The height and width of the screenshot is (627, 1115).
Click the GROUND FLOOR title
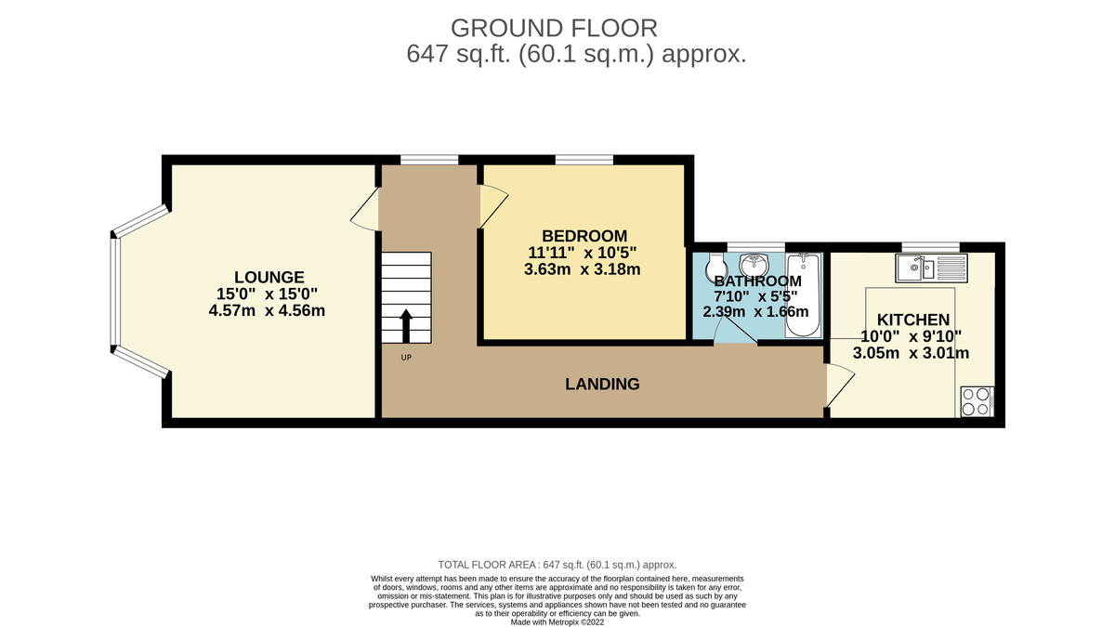point(554,29)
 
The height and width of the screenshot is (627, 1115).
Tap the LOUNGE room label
point(269,277)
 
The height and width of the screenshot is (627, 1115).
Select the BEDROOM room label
point(584,236)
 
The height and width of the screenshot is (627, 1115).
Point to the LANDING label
point(602,384)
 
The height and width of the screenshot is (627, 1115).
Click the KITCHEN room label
point(913,320)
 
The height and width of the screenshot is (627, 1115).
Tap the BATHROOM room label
point(758,281)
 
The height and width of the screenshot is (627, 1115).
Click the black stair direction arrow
point(406,326)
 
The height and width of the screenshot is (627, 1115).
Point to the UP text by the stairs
point(406,358)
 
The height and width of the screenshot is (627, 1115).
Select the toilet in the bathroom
point(716,267)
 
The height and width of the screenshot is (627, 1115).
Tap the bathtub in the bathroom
point(803,295)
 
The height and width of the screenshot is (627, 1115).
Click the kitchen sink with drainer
point(931,268)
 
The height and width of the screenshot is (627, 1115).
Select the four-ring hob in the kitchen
point(977,401)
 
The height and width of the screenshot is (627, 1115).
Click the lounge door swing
point(365,209)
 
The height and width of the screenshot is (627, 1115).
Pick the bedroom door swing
point(493,206)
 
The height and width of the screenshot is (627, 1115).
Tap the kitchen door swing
point(841,385)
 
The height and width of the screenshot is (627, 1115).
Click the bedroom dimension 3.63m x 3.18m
point(583,269)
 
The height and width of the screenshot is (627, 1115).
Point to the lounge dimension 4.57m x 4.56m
point(267,310)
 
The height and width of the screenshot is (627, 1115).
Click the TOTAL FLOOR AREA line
point(557,565)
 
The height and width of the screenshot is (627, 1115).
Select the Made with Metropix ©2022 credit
point(557,622)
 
